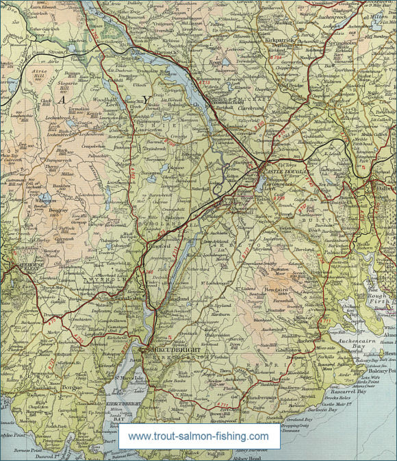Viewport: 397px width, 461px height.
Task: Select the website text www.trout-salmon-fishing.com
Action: coord(198,436)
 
